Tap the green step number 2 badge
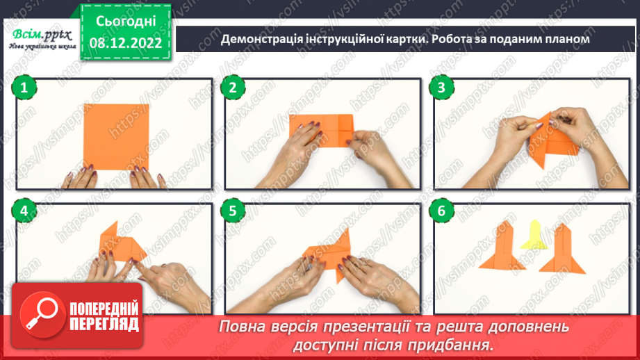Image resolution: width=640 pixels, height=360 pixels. coord(233,88)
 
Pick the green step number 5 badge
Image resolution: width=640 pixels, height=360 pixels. coord(233,210)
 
